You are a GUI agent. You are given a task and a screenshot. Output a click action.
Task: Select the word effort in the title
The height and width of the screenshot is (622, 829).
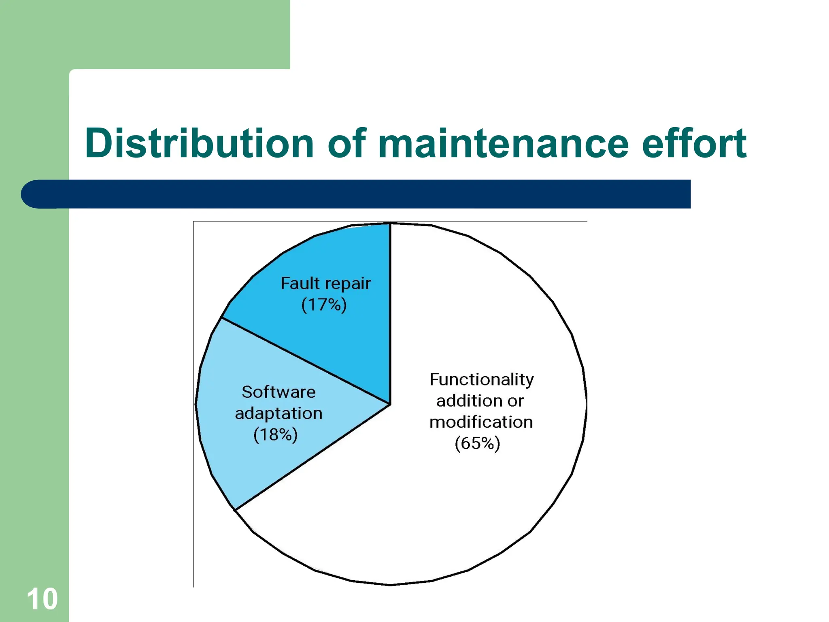pyautogui.click(x=694, y=143)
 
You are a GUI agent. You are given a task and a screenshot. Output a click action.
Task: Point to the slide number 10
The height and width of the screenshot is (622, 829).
pyautogui.click(x=42, y=599)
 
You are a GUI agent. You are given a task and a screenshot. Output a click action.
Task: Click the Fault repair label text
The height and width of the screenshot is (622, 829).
pyautogui.click(x=325, y=283)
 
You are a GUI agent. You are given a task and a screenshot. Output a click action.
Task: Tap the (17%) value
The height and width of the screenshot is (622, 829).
pyautogui.click(x=324, y=305)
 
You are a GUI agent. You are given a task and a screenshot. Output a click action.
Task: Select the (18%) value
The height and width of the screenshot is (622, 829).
pyautogui.click(x=275, y=435)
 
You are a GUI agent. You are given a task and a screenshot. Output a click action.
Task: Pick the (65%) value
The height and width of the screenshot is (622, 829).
pyautogui.click(x=477, y=443)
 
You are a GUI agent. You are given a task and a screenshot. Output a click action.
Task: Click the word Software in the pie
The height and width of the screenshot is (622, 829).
pyautogui.click(x=278, y=392)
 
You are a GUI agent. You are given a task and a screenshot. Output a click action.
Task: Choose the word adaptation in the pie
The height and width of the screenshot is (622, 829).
pyautogui.click(x=278, y=413)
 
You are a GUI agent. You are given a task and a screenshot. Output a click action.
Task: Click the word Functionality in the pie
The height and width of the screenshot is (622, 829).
pyautogui.click(x=482, y=380)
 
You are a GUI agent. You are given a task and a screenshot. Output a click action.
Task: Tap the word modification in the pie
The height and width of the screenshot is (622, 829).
pyautogui.click(x=481, y=422)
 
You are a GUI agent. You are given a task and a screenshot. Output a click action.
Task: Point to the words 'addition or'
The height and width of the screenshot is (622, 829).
pyautogui.click(x=480, y=401)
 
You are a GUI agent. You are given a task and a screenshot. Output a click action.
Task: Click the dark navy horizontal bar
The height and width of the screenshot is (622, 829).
pyautogui.click(x=364, y=194)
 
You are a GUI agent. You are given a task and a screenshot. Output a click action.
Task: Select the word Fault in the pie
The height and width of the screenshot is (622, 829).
pyautogui.click(x=300, y=283)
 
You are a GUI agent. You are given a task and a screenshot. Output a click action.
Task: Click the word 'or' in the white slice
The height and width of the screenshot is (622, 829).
pyautogui.click(x=515, y=401)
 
